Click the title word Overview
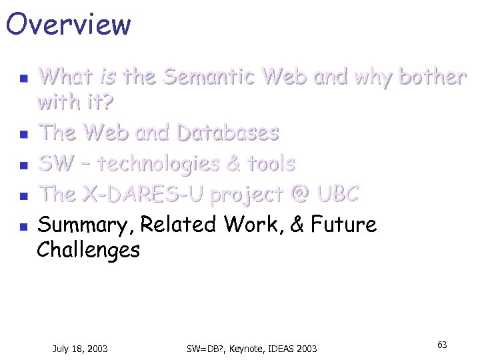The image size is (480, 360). point(68,24)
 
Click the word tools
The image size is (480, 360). point(271,163)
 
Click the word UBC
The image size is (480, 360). point(337,194)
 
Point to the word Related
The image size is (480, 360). point(179,225)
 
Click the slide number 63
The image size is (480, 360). point(442,345)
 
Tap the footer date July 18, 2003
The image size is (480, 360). point(80,348)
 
